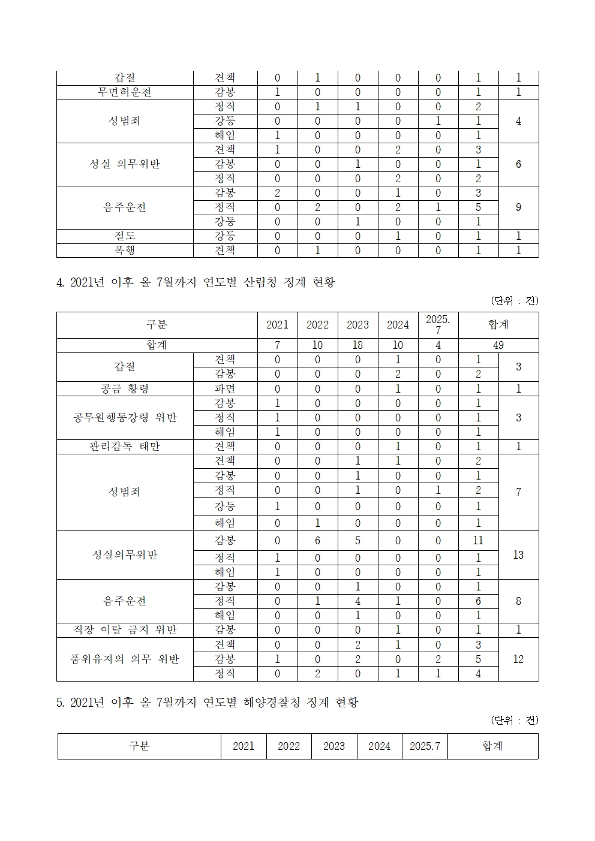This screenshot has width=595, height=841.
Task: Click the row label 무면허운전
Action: pos(125,92)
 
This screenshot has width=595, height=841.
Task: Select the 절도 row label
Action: pos(125,236)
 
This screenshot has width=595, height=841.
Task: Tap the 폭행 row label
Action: pos(125,251)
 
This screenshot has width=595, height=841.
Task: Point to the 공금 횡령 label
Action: pos(125,389)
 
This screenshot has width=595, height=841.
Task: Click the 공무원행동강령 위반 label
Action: pos(125,418)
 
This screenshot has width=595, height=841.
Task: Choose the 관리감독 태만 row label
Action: pos(125,447)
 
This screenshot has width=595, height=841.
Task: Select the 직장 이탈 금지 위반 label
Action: pos(125,630)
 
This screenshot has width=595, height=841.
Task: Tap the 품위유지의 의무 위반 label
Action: pos(125,659)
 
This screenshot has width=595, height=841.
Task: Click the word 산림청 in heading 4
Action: pos(260,282)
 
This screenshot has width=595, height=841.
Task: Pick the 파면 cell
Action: pos(225,389)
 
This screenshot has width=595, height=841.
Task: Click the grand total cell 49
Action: pos(498,345)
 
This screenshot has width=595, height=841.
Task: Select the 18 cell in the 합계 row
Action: pos(357,345)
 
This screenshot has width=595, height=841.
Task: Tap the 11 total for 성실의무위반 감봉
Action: pos(478,541)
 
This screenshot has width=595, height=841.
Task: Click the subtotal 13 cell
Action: pos(518,555)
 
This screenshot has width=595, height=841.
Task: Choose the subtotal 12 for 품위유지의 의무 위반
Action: pos(518,659)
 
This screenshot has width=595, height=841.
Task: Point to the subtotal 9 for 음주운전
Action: pos(518,207)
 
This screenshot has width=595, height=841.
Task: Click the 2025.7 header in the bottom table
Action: pos(425,746)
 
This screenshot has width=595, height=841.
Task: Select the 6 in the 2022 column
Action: pos(317,541)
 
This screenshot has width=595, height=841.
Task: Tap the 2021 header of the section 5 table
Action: pos(244,746)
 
